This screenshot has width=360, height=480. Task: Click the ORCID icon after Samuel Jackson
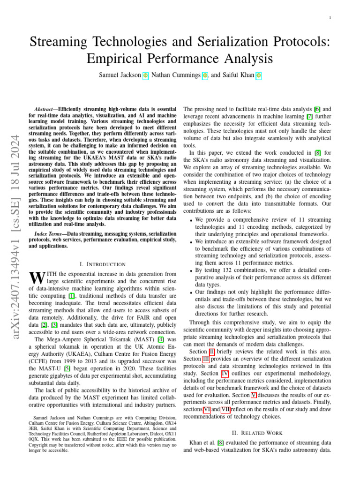pyautogui.click(x=145, y=75)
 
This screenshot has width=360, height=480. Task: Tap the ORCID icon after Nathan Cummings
pyautogui.click(x=204, y=75)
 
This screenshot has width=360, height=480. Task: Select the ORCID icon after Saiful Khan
pyautogui.click(x=258, y=75)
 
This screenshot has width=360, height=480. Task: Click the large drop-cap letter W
pyautogui.click(x=36, y=277)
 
